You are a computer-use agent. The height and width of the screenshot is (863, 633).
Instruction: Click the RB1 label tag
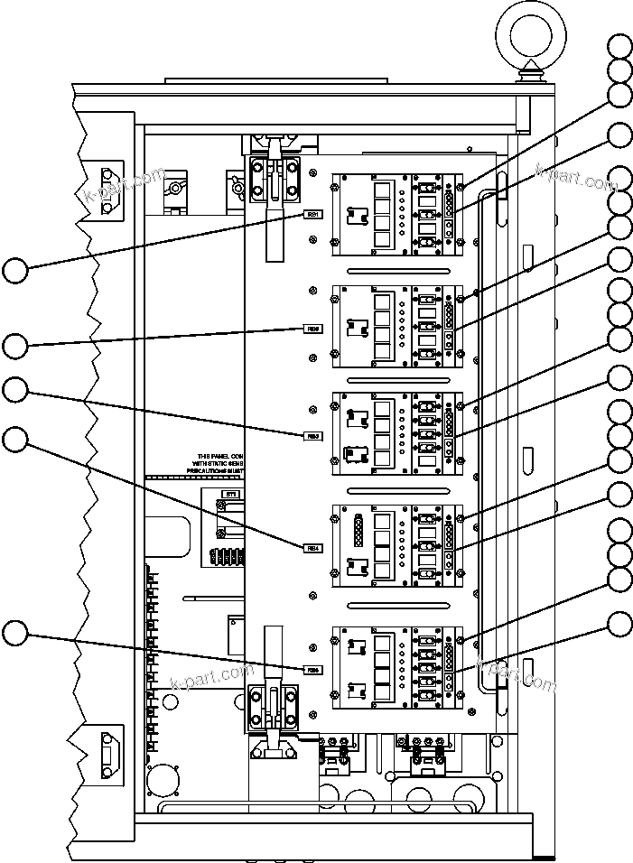(x=312, y=215)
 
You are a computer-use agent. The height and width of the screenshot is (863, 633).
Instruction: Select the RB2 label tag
(x=312, y=329)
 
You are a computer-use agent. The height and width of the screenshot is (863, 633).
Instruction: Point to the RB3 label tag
(x=312, y=436)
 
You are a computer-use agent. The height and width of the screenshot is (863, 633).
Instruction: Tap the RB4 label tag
(x=312, y=546)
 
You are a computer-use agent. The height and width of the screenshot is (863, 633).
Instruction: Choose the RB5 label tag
(x=312, y=669)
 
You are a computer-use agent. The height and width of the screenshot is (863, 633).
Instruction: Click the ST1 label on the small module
(x=230, y=494)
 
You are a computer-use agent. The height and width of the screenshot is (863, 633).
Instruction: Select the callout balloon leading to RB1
(x=14, y=269)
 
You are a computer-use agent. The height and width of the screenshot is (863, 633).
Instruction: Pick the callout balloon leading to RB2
(x=14, y=345)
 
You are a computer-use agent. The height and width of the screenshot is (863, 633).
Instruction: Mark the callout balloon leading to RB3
(x=14, y=390)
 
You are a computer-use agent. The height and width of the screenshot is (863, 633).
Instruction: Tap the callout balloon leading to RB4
(x=14, y=440)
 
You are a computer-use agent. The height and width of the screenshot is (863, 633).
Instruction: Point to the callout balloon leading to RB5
(x=14, y=633)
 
